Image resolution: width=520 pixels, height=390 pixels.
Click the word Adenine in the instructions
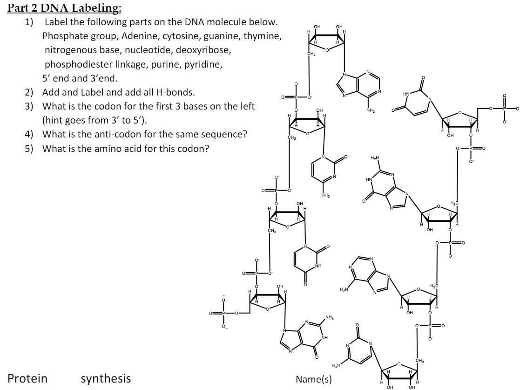click(x=139, y=36)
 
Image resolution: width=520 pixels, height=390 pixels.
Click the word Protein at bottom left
click(x=27, y=378)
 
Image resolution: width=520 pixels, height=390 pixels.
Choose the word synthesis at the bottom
click(x=106, y=378)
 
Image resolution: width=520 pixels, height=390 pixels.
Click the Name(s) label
click(x=314, y=379)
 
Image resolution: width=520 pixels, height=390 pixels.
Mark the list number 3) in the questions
click(x=29, y=106)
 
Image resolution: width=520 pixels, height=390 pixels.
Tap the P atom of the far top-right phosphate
click(x=503, y=109)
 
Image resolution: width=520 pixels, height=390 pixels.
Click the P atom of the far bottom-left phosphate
click(x=223, y=313)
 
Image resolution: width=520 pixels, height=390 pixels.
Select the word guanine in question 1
click(x=220, y=36)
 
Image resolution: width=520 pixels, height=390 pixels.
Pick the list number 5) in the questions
click(x=29, y=149)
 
